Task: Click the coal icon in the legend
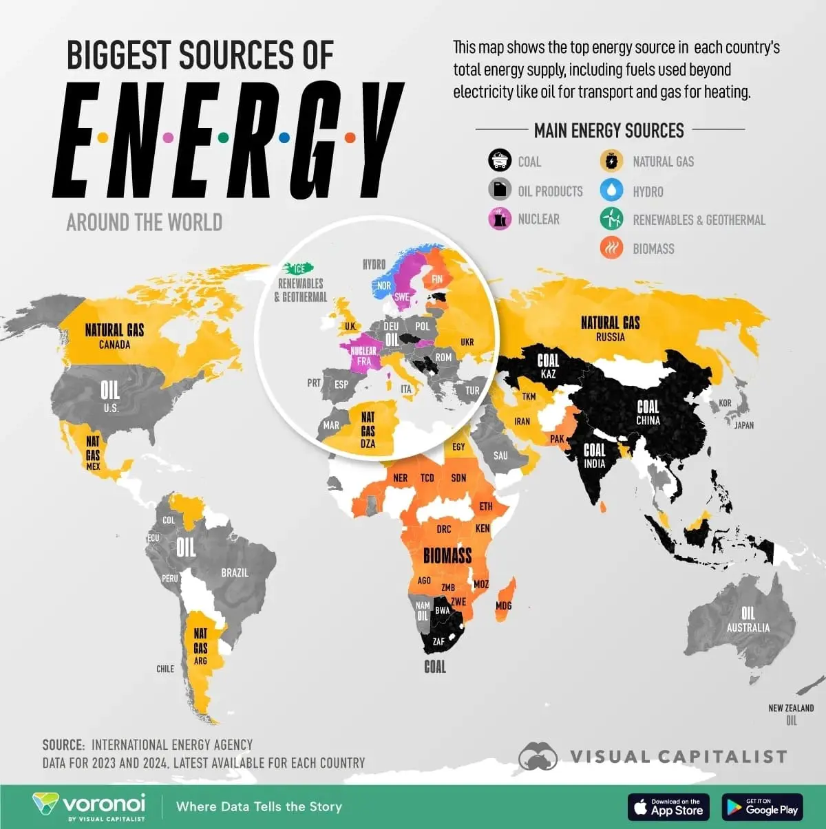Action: point(500,161)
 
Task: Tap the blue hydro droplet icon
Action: point(611,191)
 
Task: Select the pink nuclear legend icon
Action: point(500,219)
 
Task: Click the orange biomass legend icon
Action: point(611,248)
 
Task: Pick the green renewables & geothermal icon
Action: point(611,219)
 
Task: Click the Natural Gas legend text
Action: point(663,162)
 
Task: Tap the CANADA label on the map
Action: point(114,344)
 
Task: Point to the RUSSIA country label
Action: point(611,336)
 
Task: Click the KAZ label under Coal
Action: point(548,374)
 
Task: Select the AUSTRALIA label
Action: point(748,627)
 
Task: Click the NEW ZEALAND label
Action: point(791,707)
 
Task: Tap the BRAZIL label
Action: point(235,572)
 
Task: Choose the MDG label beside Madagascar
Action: point(503,606)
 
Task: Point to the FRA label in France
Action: point(363,361)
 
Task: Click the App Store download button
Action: point(668,807)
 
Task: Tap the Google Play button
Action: point(763,807)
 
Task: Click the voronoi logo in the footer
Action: point(89,806)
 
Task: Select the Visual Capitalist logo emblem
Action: point(538,756)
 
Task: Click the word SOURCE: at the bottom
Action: point(63,745)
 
